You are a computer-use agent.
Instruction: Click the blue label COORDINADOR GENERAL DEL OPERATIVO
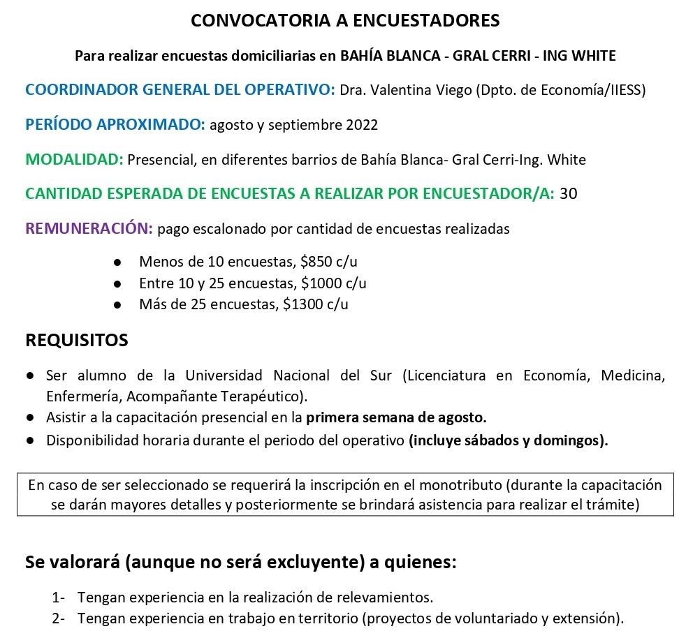point(180,90)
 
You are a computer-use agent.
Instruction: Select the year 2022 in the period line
point(362,125)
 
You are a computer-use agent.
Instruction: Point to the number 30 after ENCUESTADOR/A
point(569,193)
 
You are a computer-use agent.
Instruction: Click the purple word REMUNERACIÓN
point(89,228)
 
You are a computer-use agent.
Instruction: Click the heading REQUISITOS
point(77,341)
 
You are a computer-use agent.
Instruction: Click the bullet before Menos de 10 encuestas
point(117,262)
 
